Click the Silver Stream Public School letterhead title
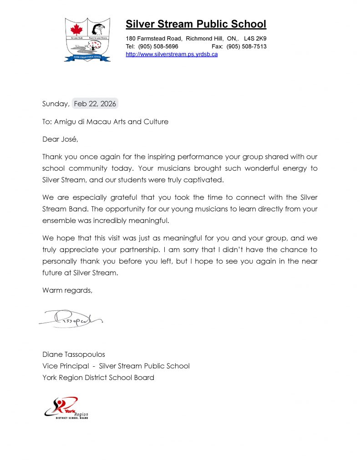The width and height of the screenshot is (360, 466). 196,24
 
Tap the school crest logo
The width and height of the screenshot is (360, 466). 87,40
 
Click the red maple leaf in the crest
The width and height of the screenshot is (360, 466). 76,29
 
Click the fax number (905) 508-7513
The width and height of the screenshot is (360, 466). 246,46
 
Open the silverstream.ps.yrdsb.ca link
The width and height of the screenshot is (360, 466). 172,54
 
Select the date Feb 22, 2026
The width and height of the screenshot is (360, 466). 95,104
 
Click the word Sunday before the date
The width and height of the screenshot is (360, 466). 55,104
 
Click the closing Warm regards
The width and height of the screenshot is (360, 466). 67,290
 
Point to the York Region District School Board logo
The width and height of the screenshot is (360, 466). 66,408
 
